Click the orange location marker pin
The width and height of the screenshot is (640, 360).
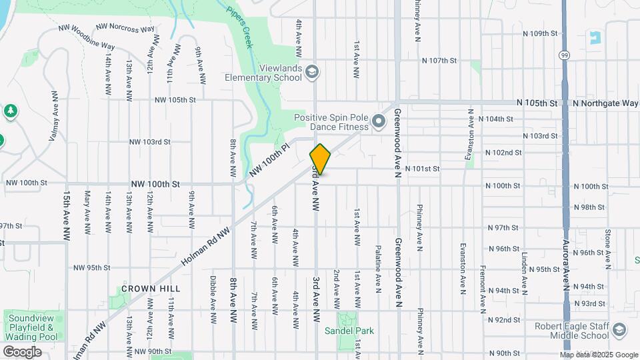click(x=320, y=159)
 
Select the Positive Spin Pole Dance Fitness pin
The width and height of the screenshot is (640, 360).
click(x=379, y=121)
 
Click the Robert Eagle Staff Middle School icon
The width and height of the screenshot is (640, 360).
click(x=619, y=331)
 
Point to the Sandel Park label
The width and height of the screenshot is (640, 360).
click(x=349, y=331)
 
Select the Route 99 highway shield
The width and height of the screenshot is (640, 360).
click(x=565, y=54)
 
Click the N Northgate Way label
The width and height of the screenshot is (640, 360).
click(x=605, y=103)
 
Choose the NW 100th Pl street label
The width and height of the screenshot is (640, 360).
click(x=271, y=161)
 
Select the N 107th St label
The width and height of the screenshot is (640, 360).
click(x=439, y=60)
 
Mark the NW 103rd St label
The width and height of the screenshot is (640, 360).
click(x=150, y=142)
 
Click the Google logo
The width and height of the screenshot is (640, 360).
click(x=22, y=352)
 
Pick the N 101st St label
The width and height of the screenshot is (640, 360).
click(x=422, y=169)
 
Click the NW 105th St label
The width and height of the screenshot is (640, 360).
click(x=175, y=100)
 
